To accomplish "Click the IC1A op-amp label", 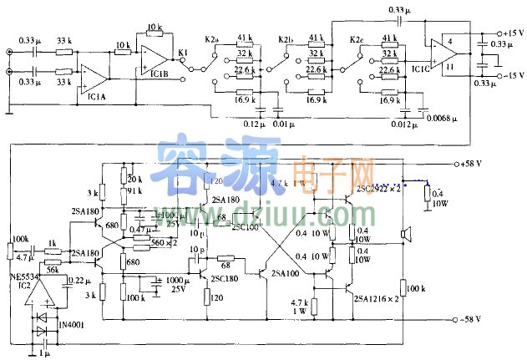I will click(x=98, y=97).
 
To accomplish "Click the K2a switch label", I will click(x=212, y=39).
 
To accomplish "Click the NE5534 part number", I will click(x=20, y=275).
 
